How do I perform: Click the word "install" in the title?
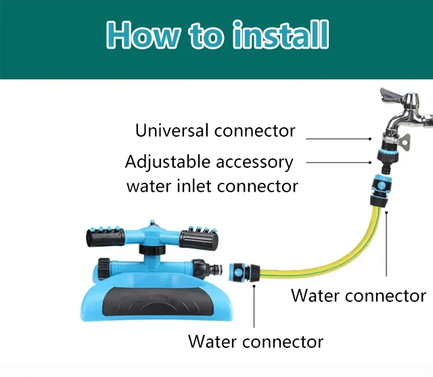(x=281, y=35)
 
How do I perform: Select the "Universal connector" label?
(x=215, y=131)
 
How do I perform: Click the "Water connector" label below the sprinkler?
(x=256, y=342)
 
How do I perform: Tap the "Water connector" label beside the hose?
(x=359, y=296)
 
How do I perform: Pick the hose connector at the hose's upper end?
(x=380, y=191)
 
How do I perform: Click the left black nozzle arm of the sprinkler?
(x=106, y=238)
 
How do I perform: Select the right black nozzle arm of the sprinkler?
(x=198, y=240)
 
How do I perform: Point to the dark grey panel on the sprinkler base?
(x=155, y=301)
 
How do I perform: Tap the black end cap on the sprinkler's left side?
(x=104, y=269)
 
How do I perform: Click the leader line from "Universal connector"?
(x=338, y=139)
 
